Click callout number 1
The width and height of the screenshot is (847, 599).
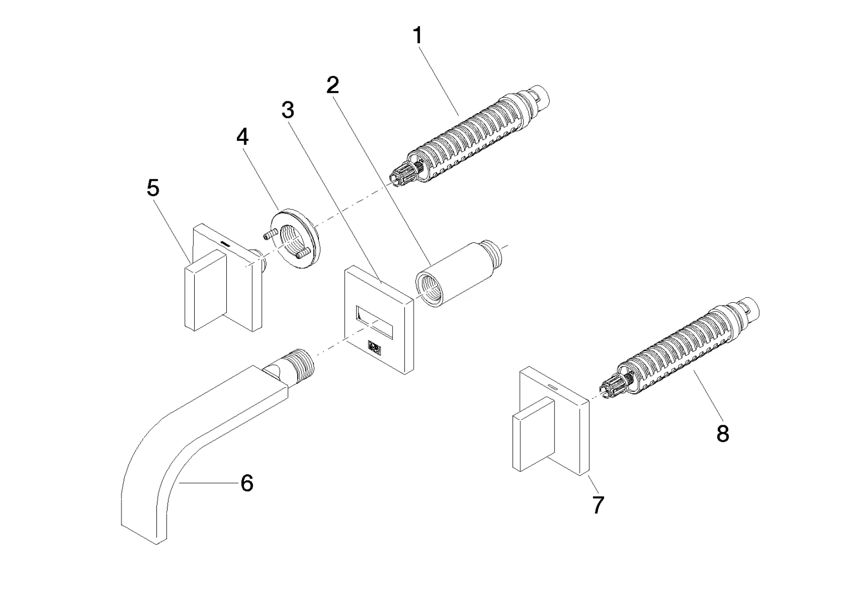417,36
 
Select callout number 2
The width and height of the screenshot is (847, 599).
332,85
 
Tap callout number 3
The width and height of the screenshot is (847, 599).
287,110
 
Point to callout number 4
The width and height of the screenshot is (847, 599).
242,136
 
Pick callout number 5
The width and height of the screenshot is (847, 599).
153,188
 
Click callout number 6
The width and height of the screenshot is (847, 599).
247,483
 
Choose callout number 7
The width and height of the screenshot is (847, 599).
597,505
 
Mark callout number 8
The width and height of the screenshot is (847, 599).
722,434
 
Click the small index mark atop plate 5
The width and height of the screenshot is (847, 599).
226,243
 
